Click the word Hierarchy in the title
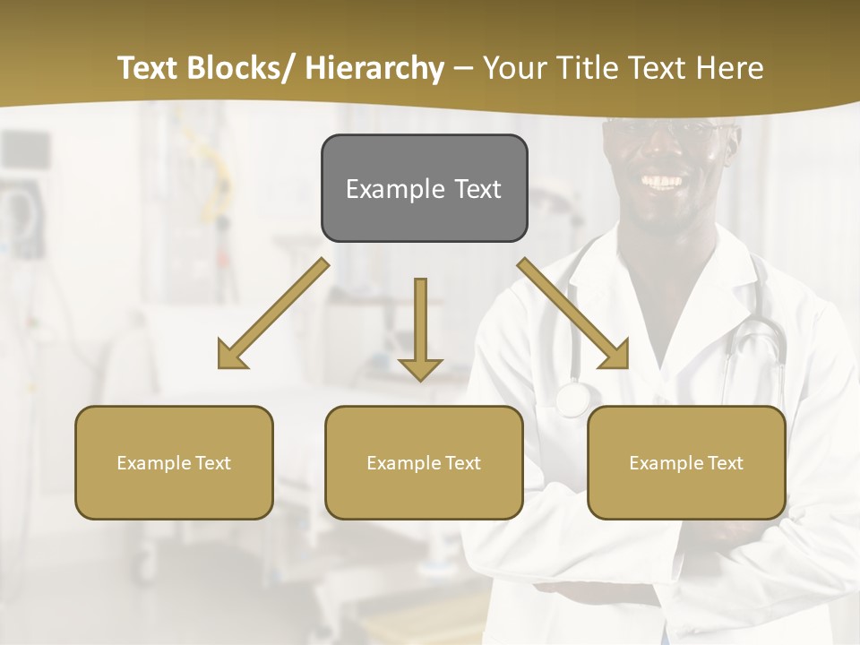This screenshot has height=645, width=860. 374,68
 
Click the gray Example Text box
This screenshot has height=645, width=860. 424,188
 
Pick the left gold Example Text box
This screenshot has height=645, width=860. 174,462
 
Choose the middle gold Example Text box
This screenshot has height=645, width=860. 424,462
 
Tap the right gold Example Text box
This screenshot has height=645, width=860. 686,462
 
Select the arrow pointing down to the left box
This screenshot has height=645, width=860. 272,314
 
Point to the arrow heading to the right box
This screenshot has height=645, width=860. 573,314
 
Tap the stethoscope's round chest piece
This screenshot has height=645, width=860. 571,399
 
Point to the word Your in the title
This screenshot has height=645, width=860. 513,68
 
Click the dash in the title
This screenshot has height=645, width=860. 463,69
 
